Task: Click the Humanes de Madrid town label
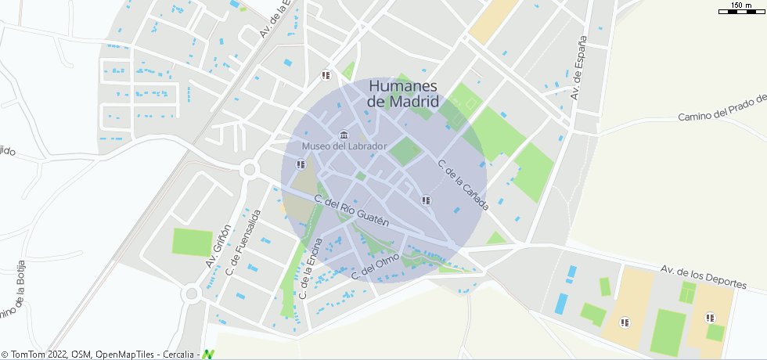(403, 94)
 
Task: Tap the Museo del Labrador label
(344, 146)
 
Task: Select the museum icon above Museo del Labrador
(344, 135)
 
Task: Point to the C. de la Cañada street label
(463, 185)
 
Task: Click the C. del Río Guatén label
(351, 211)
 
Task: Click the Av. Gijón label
(219, 247)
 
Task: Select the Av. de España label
(578, 68)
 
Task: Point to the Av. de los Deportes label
(712, 277)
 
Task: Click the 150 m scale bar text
(741, 5)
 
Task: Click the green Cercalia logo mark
(207, 355)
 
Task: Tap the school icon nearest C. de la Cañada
(426, 200)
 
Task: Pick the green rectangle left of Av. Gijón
(193, 242)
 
